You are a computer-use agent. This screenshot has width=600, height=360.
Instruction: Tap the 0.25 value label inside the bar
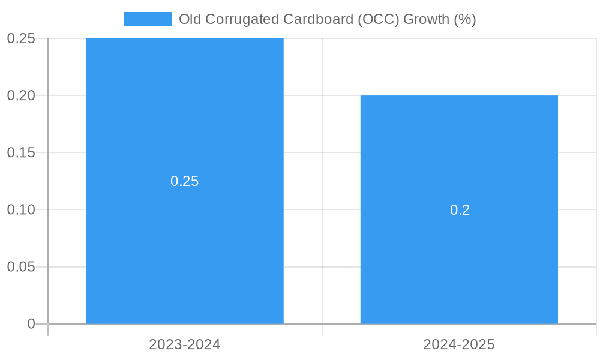coord(184,181)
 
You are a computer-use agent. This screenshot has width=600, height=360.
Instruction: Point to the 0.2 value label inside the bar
coord(460,210)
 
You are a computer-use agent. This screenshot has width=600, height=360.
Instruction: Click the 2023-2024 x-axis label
coord(185,345)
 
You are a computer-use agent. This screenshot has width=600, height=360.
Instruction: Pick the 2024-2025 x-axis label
coord(459,345)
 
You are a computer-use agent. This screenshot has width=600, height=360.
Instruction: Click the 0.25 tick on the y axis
coord(21,38)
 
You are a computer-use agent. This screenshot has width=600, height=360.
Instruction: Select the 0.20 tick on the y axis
coord(21,95)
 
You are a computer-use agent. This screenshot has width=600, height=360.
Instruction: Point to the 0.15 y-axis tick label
coord(21,152)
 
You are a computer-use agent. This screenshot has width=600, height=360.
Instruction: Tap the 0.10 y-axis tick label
coord(21,209)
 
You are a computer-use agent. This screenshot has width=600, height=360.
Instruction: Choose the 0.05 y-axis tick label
coord(21,266)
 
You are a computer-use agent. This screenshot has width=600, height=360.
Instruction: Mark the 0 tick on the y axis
coord(31,324)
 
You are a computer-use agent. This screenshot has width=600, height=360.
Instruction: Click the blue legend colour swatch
coord(148,19)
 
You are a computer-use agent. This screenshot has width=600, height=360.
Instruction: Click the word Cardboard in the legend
coord(323,19)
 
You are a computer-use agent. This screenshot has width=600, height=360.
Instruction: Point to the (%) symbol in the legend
coord(464,19)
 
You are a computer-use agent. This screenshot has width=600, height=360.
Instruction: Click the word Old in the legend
coord(190,19)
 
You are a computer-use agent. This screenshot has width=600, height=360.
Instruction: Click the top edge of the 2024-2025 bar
coord(459,96)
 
